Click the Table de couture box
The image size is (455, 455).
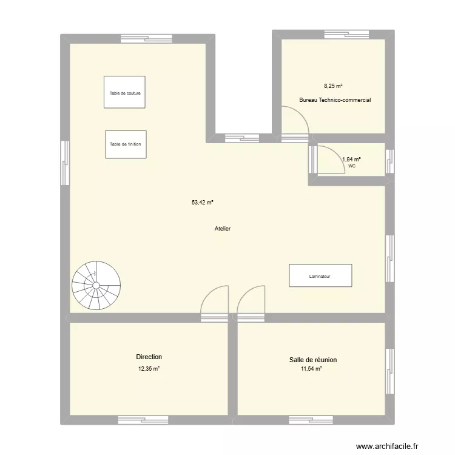click(124, 92)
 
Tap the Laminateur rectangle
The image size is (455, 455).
click(320, 275)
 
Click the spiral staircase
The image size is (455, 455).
click(96, 285)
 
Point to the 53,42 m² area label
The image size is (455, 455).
click(203, 203)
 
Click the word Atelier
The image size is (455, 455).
click(223, 229)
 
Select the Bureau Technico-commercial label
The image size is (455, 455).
click(335, 100)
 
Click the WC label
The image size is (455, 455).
click(352, 165)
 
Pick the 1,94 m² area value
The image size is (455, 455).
click(351, 159)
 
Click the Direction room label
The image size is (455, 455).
click(149, 357)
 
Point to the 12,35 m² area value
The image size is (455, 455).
click(149, 368)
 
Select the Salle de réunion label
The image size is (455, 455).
click(313, 360)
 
